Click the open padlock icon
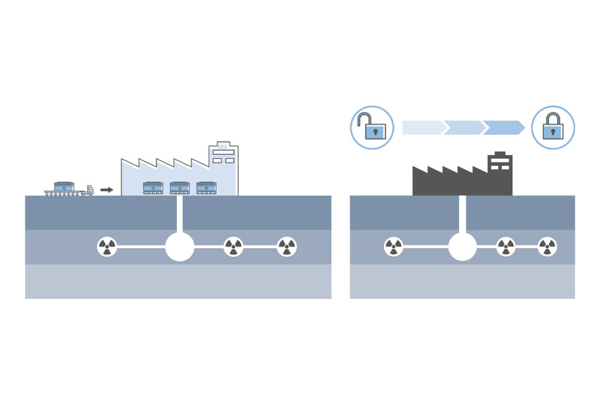(372, 127)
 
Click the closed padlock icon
(553, 127)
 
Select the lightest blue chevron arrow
(423, 127)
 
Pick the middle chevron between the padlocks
(463, 127)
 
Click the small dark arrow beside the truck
(106, 190)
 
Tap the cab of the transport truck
(89, 190)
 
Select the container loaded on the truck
(64, 186)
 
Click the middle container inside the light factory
(180, 187)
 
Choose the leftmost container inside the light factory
(153, 187)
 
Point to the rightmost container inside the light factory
(206, 187)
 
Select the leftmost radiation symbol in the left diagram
(107, 247)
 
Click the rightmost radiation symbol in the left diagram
(287, 247)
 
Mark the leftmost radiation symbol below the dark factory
(393, 247)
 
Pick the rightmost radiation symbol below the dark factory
(547, 247)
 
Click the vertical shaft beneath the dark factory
(462, 213)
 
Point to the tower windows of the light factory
(223, 155)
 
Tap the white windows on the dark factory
(499, 164)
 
